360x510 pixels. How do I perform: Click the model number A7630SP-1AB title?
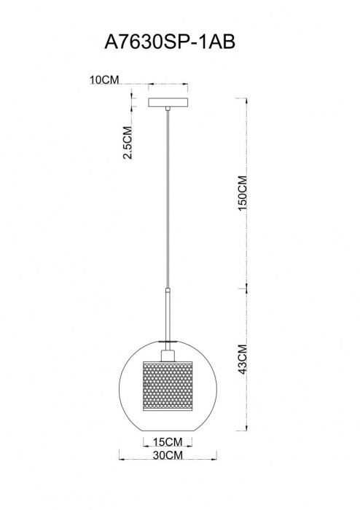pos(169,42)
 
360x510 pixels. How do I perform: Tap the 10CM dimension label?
pos(105,79)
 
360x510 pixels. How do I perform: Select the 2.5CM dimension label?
pos(128,142)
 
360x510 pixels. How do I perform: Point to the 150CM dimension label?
pos(243,193)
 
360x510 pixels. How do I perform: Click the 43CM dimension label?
pos(243,359)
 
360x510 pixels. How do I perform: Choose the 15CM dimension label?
pos(168,442)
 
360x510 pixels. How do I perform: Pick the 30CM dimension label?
pos(168,455)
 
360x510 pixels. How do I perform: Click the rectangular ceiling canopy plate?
pos(168,103)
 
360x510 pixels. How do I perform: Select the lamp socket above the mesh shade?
pos(168,355)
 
